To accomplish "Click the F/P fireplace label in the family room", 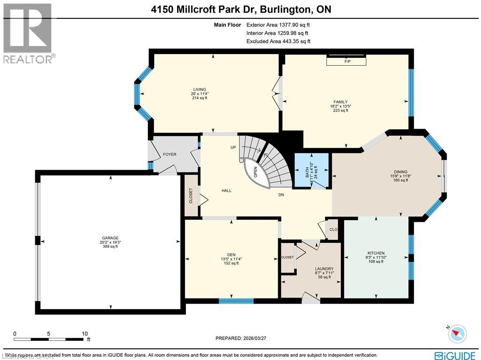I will click(x=348, y=62).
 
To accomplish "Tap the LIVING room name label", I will click(x=200, y=89).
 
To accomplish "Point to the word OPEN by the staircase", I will click(x=256, y=172).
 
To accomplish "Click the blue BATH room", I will click(x=310, y=171).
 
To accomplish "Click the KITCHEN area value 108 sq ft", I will click(x=375, y=262).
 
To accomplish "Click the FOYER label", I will click(x=170, y=154).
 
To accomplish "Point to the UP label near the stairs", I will click(x=233, y=147).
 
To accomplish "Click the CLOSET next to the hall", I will click(x=191, y=195).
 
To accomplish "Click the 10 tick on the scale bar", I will click(x=85, y=334).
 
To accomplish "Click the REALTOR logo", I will click(x=28, y=33).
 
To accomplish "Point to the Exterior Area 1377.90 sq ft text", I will click(x=278, y=25).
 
